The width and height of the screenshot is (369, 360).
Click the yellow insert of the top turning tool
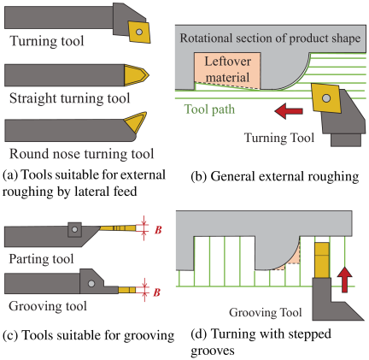tap(139, 32)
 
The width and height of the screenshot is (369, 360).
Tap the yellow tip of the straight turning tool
tap(136, 75)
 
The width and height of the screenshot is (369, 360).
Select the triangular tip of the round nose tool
tap(136, 122)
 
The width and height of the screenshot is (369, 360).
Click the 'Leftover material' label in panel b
tap(227, 69)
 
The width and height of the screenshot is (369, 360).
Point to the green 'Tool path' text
tap(209, 109)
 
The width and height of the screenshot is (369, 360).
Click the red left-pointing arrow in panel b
tap(289, 111)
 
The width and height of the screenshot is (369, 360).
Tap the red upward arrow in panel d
tap(344, 280)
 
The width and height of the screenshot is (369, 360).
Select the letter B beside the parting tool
tap(158, 230)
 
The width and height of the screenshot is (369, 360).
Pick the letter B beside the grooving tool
tap(157, 292)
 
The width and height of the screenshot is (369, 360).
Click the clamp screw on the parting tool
tap(74, 229)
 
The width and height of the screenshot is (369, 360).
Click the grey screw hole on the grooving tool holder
tap(91, 284)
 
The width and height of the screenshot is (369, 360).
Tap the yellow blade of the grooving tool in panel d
tap(322, 260)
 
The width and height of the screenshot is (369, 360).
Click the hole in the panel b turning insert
tap(326, 98)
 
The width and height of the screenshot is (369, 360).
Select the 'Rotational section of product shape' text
tap(270, 38)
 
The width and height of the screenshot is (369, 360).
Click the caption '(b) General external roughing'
tap(275, 176)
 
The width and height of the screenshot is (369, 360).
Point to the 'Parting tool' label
tap(41, 259)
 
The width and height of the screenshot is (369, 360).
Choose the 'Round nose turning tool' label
tap(82, 154)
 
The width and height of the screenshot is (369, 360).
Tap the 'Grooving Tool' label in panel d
tap(266, 312)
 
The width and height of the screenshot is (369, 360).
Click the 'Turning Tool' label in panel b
tap(279, 138)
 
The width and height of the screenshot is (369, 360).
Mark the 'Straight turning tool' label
tap(70, 98)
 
